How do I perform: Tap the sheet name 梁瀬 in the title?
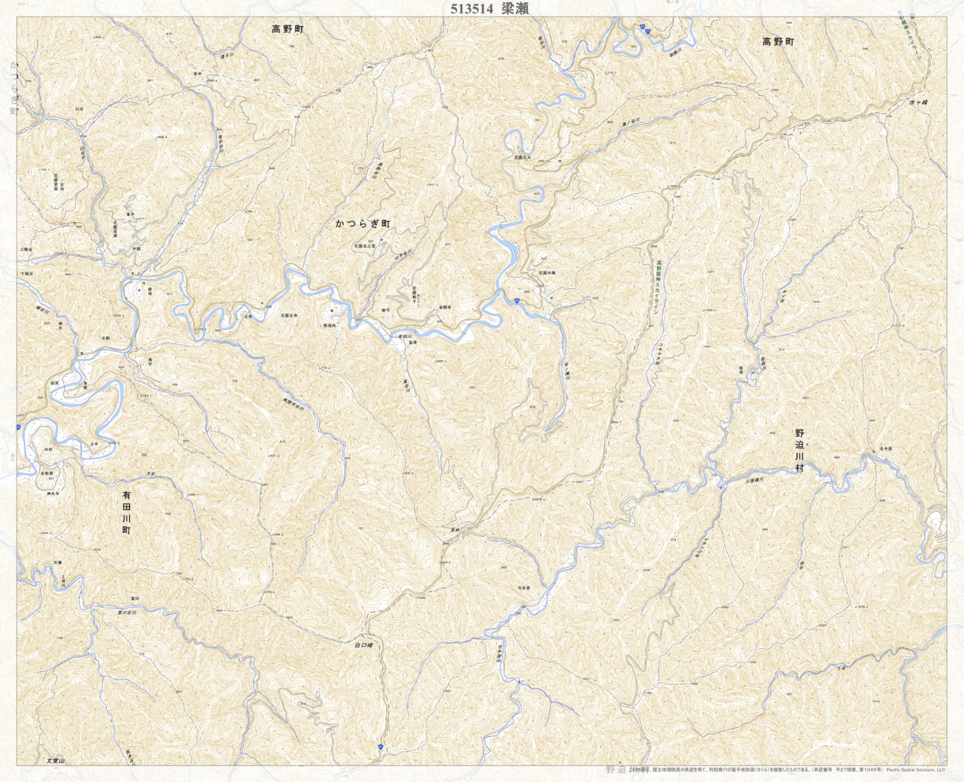515,9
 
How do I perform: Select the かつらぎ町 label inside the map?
363,225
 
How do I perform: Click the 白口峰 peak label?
363,645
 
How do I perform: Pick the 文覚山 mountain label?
55,760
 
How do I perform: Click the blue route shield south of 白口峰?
381,746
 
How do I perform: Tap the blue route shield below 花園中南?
515,301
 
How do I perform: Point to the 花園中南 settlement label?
548,272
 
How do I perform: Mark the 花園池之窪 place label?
369,246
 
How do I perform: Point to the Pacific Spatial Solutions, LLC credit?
915,769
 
